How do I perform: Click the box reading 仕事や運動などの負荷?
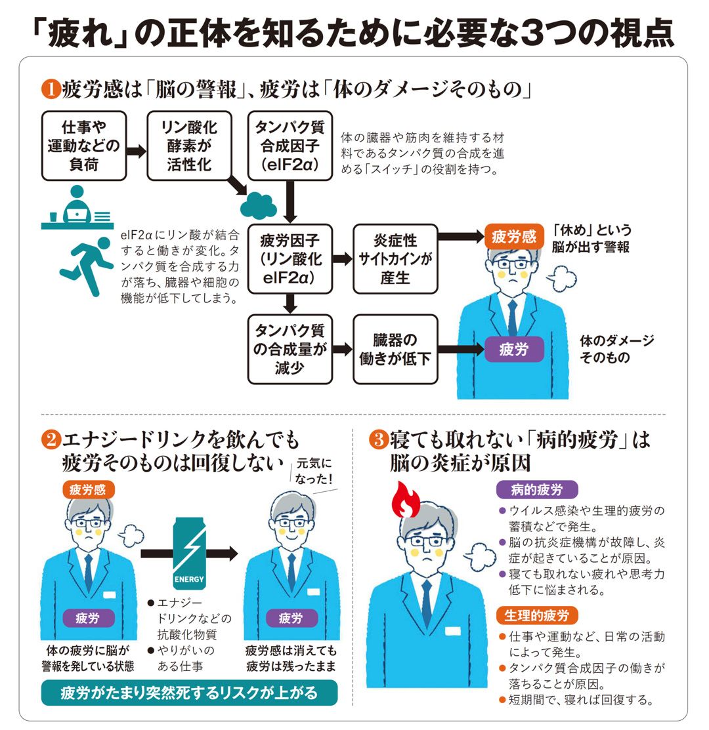(x=83, y=146)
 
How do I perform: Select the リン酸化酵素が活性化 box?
(x=190, y=146)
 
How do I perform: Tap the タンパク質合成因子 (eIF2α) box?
(x=290, y=146)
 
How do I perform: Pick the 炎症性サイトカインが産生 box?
(x=395, y=259)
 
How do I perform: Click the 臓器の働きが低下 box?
(x=395, y=349)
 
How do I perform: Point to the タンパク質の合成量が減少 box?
(x=290, y=349)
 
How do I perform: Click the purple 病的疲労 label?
(x=538, y=489)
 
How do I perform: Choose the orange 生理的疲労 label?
(x=538, y=615)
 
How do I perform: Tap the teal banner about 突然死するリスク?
(x=189, y=693)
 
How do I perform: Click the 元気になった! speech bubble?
(x=315, y=471)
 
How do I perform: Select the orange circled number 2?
(x=50, y=440)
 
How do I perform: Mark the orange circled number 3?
(x=378, y=440)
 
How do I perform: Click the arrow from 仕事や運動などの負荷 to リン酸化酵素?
(x=136, y=151)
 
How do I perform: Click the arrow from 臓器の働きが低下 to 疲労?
(x=460, y=349)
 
